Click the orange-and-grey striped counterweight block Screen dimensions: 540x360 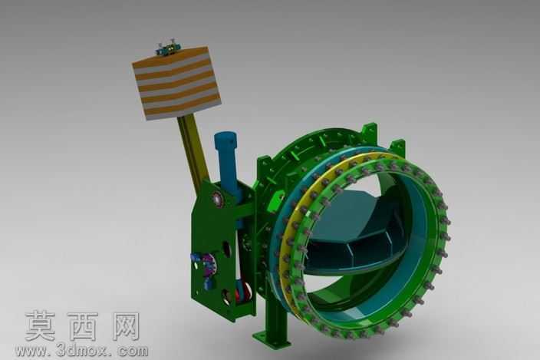pos(176,83)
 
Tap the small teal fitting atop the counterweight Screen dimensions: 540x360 pos(166,48)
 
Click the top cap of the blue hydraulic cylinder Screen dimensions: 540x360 pos(226,139)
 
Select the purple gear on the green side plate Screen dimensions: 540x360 pos(209,266)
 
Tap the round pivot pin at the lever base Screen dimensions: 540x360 pos(217,199)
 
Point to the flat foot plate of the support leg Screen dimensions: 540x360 pos(272,339)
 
